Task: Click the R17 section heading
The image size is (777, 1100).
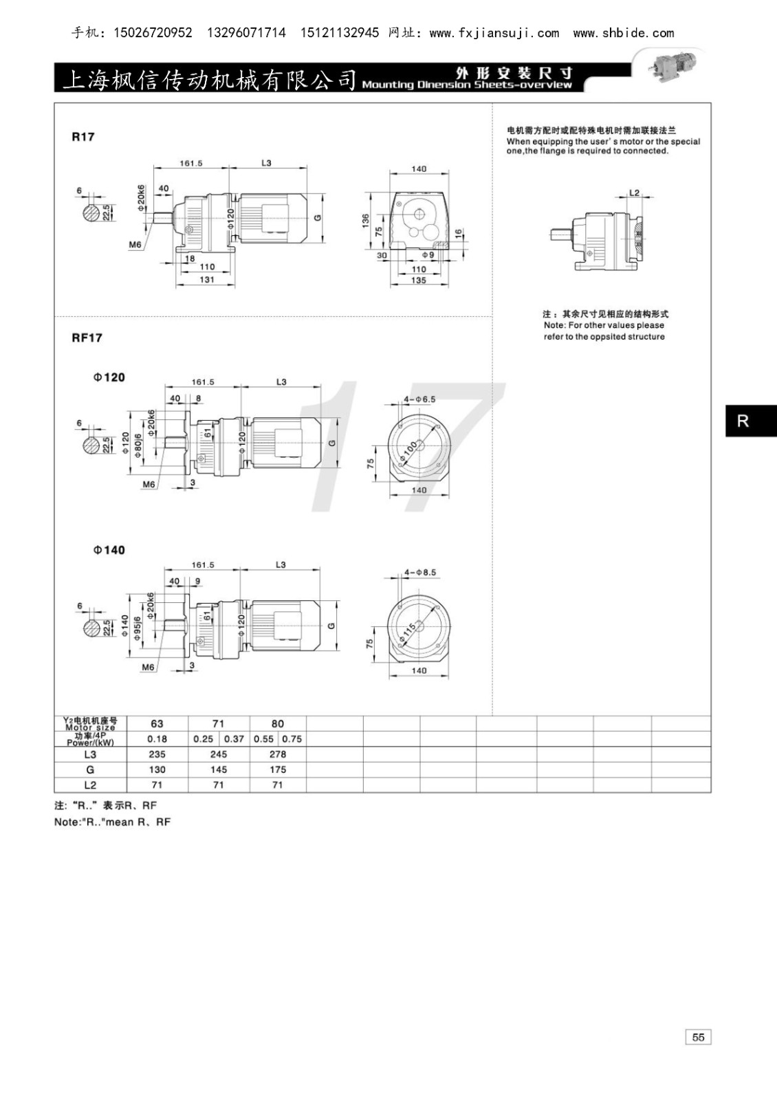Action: click(83, 137)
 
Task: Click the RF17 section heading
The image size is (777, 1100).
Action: click(87, 338)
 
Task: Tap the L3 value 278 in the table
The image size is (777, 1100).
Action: click(278, 753)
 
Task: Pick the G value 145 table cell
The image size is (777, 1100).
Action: click(219, 769)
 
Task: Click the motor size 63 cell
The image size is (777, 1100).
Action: click(157, 723)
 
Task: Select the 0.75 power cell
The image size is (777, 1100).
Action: click(292, 738)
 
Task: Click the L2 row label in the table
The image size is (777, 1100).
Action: click(90, 784)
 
